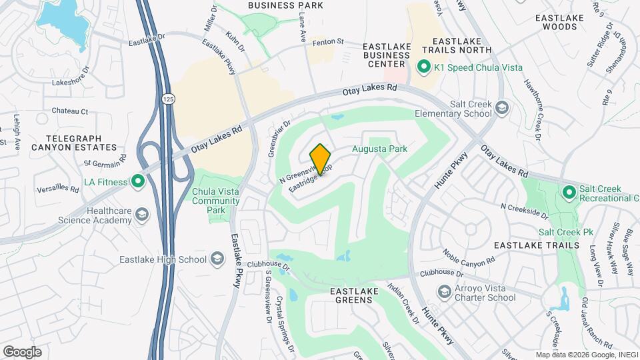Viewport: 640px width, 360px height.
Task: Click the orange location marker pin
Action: [x=320, y=159]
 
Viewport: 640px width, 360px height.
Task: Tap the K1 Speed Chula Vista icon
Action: [x=423, y=67]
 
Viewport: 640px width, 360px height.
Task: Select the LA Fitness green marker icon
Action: [x=138, y=181]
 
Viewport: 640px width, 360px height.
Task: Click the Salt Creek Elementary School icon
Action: [x=501, y=108]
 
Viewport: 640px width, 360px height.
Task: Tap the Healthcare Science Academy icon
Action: [x=141, y=214]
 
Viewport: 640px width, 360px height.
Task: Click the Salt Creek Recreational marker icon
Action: [x=569, y=193]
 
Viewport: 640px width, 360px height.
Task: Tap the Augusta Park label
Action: [x=379, y=149]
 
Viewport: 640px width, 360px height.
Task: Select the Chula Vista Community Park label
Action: [x=215, y=201]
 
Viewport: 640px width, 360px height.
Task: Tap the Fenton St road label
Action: [x=330, y=41]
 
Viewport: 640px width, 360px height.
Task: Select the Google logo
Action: [x=22, y=352]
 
